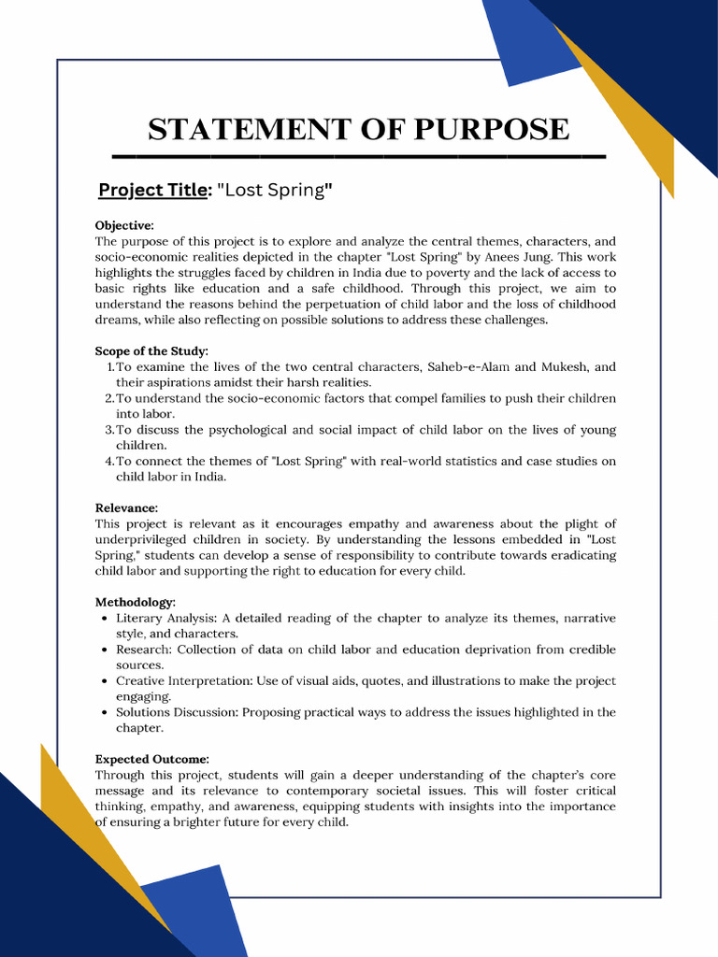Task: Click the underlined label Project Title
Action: tap(152, 191)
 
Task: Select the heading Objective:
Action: tap(124, 225)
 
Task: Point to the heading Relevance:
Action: tap(126, 507)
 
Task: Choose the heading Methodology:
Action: tap(135, 602)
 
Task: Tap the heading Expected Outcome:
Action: tap(152, 759)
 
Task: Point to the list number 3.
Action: tap(108, 430)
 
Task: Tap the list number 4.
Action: tap(108, 461)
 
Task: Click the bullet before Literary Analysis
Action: tap(103, 619)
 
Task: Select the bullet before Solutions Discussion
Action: tap(103, 713)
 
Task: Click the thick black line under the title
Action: tap(359, 156)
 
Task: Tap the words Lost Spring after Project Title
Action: tap(275, 191)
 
